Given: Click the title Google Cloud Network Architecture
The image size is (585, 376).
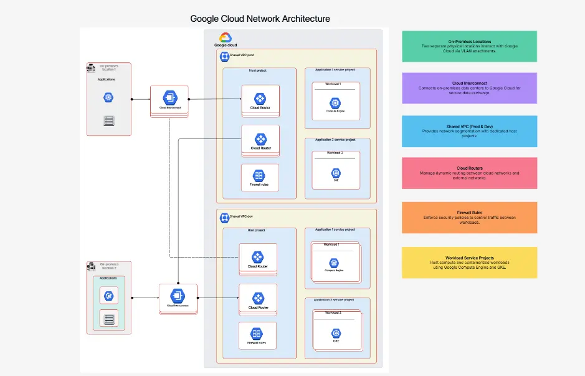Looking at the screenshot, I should (260, 19).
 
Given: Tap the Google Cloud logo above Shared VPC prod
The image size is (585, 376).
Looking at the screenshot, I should (225, 39).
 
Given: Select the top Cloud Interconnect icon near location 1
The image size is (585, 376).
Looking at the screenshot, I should (169, 97).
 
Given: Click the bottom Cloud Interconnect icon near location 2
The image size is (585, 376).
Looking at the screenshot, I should (178, 296).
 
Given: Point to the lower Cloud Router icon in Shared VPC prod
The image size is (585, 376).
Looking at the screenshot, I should (260, 139).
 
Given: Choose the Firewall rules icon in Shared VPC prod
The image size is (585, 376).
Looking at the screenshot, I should (259, 175).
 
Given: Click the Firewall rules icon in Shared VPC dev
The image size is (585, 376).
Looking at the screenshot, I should (256, 334).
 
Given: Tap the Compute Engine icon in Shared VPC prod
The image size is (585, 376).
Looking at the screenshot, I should (335, 102).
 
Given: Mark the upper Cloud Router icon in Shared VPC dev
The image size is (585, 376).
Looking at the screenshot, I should (257, 257).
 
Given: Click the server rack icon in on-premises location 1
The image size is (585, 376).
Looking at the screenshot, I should (108, 120).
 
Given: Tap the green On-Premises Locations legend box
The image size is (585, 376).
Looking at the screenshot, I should (469, 47).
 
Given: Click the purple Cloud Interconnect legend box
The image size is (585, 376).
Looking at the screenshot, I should (469, 88).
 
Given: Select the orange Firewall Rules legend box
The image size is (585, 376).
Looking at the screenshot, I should (469, 218).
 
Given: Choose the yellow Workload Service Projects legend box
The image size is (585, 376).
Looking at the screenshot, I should (469, 263).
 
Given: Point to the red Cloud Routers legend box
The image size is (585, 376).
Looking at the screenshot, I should (469, 173).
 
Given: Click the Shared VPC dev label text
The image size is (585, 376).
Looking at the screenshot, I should (241, 216).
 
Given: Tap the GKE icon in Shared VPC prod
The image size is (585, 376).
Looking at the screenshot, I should (335, 173).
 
